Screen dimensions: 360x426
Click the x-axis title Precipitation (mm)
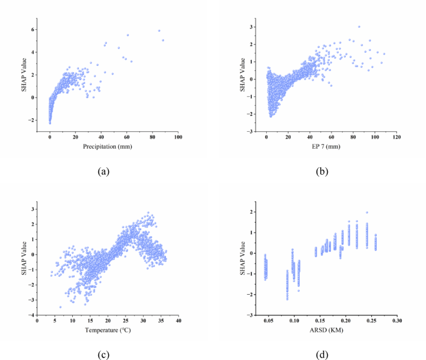(x=114, y=147)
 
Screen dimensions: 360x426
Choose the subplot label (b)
(x=324, y=168)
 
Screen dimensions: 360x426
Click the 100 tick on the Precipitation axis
(x=178, y=138)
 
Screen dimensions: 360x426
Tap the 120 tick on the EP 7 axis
(x=396, y=138)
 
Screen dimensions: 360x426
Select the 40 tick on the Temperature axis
(x=178, y=321)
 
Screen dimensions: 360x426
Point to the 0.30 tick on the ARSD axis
(x=396, y=321)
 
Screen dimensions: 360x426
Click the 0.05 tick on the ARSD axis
(x=269, y=321)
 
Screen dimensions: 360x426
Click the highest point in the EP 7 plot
(x=359, y=27)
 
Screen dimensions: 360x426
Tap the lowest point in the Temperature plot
(x=60, y=307)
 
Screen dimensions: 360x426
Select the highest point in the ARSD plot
(x=367, y=213)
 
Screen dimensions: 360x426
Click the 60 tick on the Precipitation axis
(x=127, y=138)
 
